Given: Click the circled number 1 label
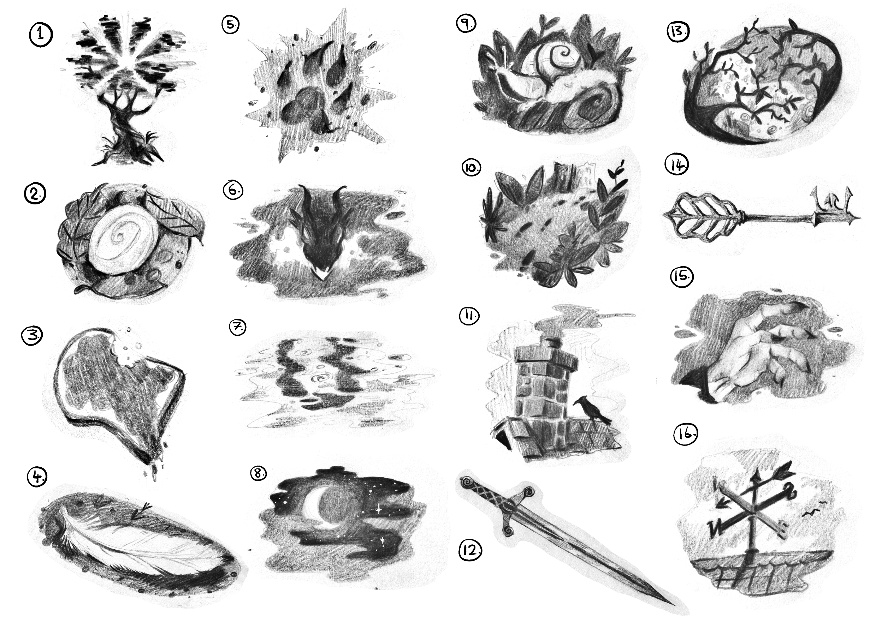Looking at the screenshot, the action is click(x=41, y=35).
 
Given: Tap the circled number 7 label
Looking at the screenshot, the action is click(x=238, y=327).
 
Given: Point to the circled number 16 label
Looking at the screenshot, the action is click(x=686, y=435).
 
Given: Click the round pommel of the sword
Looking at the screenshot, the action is click(x=467, y=483).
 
